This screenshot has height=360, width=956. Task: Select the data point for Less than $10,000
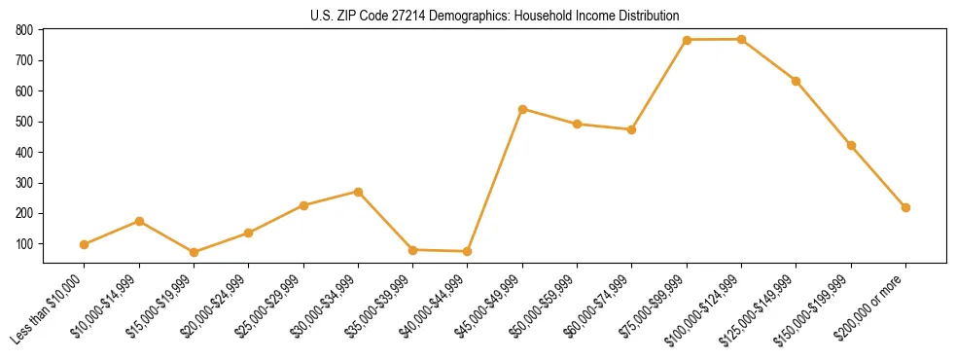tap(85, 244)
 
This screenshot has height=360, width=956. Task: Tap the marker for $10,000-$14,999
tap(139, 221)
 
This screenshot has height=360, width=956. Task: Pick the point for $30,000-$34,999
tap(358, 192)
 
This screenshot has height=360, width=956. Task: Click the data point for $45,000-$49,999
tap(522, 109)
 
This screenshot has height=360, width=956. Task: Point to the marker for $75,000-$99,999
tap(687, 40)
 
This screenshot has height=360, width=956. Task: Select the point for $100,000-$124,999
tap(741, 39)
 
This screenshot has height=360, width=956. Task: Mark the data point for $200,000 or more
tap(905, 207)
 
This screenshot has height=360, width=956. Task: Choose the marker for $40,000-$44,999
tap(468, 251)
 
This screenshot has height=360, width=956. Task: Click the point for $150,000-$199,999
tap(851, 145)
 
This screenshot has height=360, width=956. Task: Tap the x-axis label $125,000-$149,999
tap(761, 306)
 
